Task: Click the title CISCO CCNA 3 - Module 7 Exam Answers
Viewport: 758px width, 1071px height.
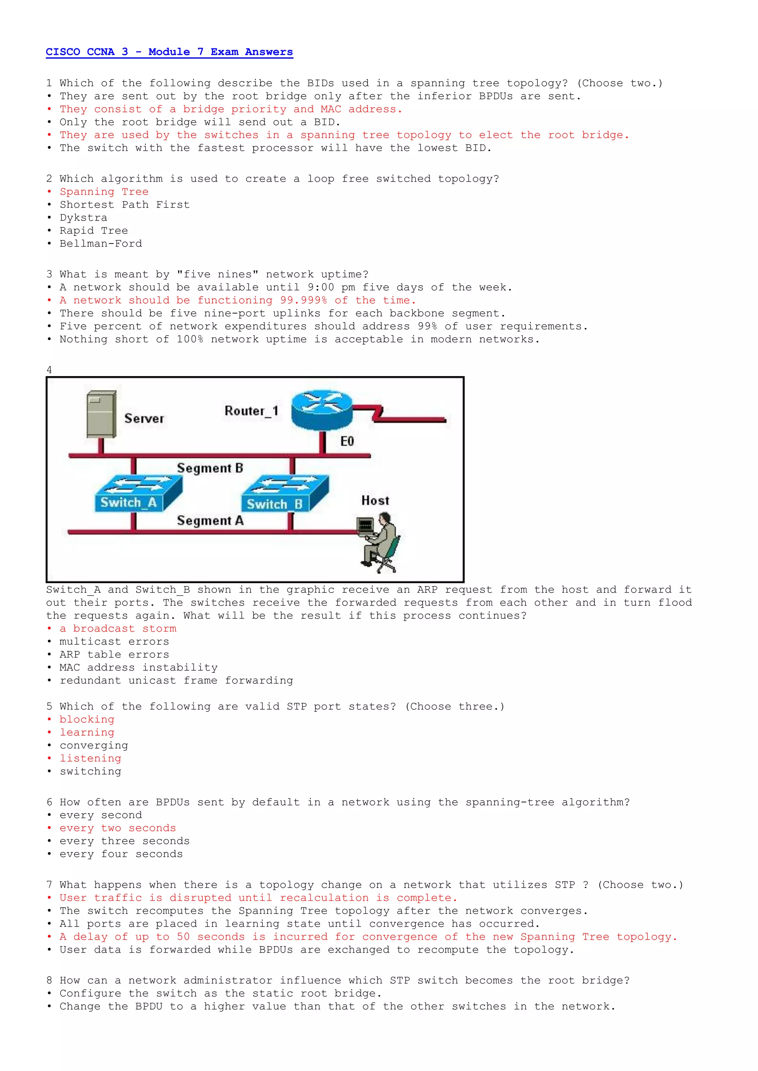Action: click(x=169, y=52)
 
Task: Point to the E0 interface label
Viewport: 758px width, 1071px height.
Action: click(x=347, y=441)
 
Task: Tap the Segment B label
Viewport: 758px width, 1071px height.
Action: click(x=210, y=468)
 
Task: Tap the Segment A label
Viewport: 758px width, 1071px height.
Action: click(x=210, y=521)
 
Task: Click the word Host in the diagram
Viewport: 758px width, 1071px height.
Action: click(x=375, y=500)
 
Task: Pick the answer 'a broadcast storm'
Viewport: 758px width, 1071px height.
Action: click(x=118, y=628)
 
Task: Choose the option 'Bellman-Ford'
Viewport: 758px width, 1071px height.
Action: click(x=100, y=243)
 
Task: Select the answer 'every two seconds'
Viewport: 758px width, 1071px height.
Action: click(x=118, y=828)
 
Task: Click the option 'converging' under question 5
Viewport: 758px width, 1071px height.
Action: click(x=93, y=746)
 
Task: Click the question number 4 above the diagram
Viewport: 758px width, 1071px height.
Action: click(x=49, y=370)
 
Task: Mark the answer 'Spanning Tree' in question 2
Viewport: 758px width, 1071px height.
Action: click(x=104, y=192)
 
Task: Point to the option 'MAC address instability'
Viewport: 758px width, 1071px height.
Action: click(x=138, y=668)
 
